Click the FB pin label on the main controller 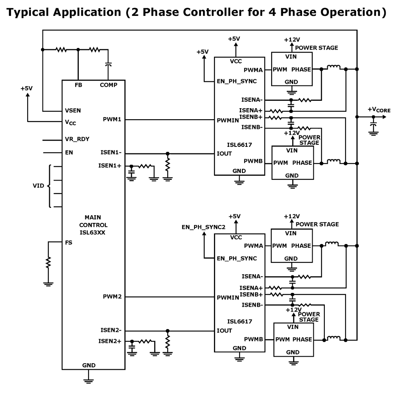(x=78, y=85)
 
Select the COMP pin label (x=108, y=85)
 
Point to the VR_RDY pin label (x=77, y=139)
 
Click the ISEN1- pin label (x=111, y=153)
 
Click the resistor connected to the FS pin (x=48, y=263)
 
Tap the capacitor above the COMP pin (x=108, y=64)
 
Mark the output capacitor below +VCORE (x=373, y=123)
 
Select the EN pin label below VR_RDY (x=69, y=153)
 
